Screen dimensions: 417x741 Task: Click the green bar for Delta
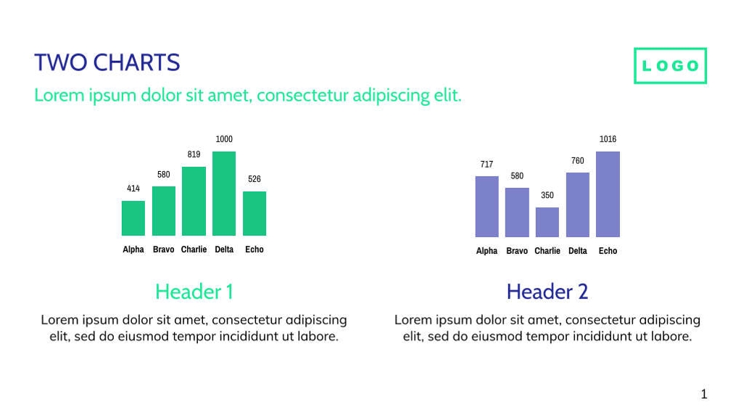point(224,193)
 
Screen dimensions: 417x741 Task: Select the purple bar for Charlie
point(547,222)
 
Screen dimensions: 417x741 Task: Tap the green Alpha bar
point(133,218)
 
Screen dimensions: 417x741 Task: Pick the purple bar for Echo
point(608,194)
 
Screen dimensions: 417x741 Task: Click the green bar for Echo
point(254,213)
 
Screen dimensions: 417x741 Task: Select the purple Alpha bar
point(487,206)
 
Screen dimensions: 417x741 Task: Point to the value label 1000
point(224,139)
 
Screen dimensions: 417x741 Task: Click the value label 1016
point(608,139)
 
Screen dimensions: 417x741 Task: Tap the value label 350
point(547,196)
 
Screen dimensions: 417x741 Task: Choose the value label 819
point(194,154)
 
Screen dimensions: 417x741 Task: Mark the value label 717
point(487,165)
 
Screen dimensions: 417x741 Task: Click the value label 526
point(254,179)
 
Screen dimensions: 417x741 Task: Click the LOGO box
point(670,66)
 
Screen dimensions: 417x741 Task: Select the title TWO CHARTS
point(107,63)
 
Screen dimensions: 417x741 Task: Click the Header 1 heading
point(194,292)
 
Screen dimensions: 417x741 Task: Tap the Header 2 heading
point(547,292)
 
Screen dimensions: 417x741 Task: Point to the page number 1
point(703,395)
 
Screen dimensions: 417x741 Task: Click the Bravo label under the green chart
point(164,249)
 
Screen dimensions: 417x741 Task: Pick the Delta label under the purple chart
point(578,251)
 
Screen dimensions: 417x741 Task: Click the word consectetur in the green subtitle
point(302,96)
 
